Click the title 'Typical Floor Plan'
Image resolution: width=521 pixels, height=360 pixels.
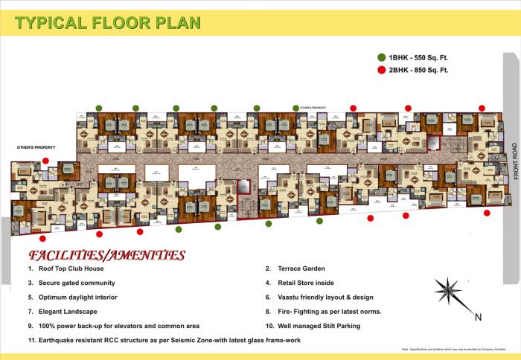pyautogui.click(x=107, y=22)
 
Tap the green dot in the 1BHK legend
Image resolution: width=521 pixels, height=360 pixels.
pyautogui.click(x=380, y=57)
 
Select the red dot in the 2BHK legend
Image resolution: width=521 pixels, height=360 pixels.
pyautogui.click(x=380, y=71)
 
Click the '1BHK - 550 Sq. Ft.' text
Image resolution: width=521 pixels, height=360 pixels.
pyautogui.click(x=418, y=57)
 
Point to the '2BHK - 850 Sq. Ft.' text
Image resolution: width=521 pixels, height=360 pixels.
pyautogui.click(x=418, y=71)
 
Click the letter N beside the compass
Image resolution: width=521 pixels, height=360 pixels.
pyautogui.click(x=478, y=317)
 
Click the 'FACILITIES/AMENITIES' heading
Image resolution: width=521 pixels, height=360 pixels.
pyautogui.click(x=106, y=256)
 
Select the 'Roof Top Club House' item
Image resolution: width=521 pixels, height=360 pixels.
pyautogui.click(x=71, y=269)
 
